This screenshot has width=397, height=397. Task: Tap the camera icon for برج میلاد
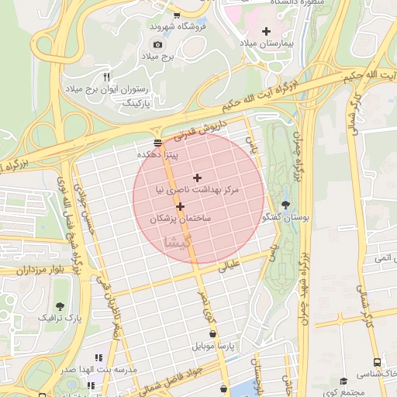pyautogui.click(x=157, y=45)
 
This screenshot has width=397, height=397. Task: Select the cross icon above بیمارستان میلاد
pyautogui.click(x=267, y=31)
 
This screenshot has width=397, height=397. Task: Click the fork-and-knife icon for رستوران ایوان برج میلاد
pyautogui.click(x=107, y=76)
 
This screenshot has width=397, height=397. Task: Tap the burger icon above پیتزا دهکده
pyautogui.click(x=158, y=143)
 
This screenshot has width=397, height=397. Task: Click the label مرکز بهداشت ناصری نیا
pyautogui.click(x=198, y=189)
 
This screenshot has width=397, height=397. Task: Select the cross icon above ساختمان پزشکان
pyautogui.click(x=181, y=206)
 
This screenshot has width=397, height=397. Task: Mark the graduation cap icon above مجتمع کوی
pyautogui.click(x=343, y=381)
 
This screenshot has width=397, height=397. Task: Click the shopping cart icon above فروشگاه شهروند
pyautogui.click(x=178, y=14)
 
